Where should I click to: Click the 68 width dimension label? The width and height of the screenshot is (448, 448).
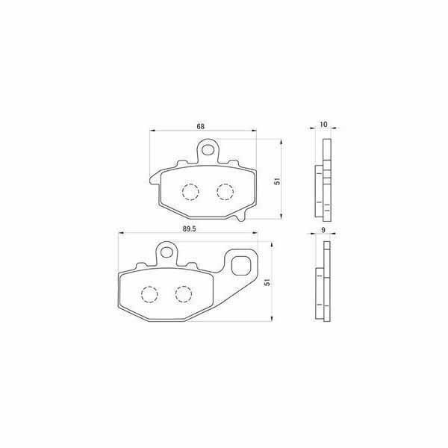201,126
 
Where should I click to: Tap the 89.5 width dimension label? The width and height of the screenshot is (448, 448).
190,229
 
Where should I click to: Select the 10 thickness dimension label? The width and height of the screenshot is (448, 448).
323,124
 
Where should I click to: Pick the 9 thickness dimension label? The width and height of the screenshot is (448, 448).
323,230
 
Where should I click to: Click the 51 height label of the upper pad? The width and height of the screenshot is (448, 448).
277,181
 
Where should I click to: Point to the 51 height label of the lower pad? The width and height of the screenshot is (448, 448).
267,282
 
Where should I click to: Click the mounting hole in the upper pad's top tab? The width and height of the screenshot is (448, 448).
208,149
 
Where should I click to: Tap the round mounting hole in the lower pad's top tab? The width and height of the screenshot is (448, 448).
167,252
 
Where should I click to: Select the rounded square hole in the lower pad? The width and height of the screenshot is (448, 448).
240,266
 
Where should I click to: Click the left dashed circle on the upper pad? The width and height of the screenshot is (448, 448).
190,192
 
